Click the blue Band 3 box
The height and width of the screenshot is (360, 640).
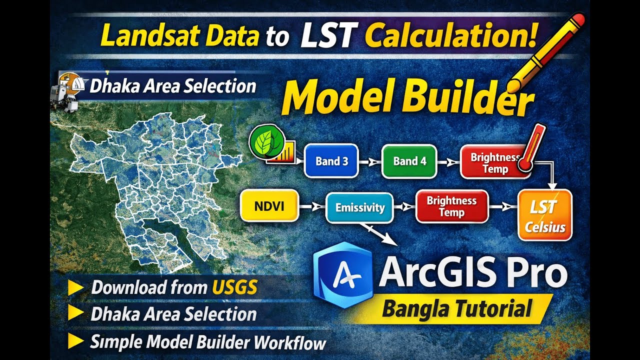331,161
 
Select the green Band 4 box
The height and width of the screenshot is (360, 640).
409,161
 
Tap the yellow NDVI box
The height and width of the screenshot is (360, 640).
269,205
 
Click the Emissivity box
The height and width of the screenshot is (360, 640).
359,207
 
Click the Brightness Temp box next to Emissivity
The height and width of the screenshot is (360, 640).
451,206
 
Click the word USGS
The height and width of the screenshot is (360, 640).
235,287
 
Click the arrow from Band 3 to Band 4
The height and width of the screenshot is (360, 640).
370,161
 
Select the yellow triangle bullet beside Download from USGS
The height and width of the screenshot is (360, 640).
76,287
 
